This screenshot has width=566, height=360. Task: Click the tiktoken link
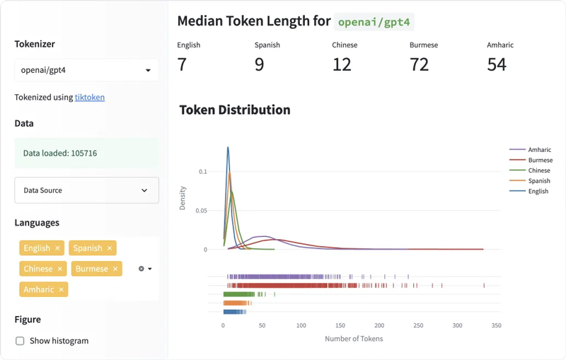pyautogui.click(x=90, y=98)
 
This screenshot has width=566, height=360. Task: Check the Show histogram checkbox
pyautogui.click(x=20, y=341)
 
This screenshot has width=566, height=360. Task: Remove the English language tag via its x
pyautogui.click(x=57, y=248)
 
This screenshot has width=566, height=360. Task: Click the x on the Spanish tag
pyautogui.click(x=110, y=248)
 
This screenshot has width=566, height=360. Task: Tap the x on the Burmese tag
pyautogui.click(x=115, y=269)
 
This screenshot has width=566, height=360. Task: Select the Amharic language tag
pyautogui.click(x=38, y=289)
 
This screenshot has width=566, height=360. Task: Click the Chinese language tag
pyautogui.click(x=38, y=269)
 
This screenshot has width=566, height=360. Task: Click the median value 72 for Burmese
pyautogui.click(x=419, y=64)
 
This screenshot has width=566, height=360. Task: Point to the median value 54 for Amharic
pyautogui.click(x=497, y=64)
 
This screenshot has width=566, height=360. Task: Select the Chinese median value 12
pyautogui.click(x=342, y=64)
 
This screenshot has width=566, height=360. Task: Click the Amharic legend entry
pyautogui.click(x=539, y=150)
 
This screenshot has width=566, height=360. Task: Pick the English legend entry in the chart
pyautogui.click(x=538, y=191)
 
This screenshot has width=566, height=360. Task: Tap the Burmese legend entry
pyautogui.click(x=540, y=161)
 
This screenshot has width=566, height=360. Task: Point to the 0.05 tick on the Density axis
pyautogui.click(x=202, y=211)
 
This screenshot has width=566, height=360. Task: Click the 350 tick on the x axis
pyautogui.click(x=496, y=326)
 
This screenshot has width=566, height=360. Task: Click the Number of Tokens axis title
pyautogui.click(x=354, y=339)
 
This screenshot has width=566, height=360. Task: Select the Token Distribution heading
pyautogui.click(x=235, y=110)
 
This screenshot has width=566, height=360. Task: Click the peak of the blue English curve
pyautogui.click(x=228, y=147)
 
